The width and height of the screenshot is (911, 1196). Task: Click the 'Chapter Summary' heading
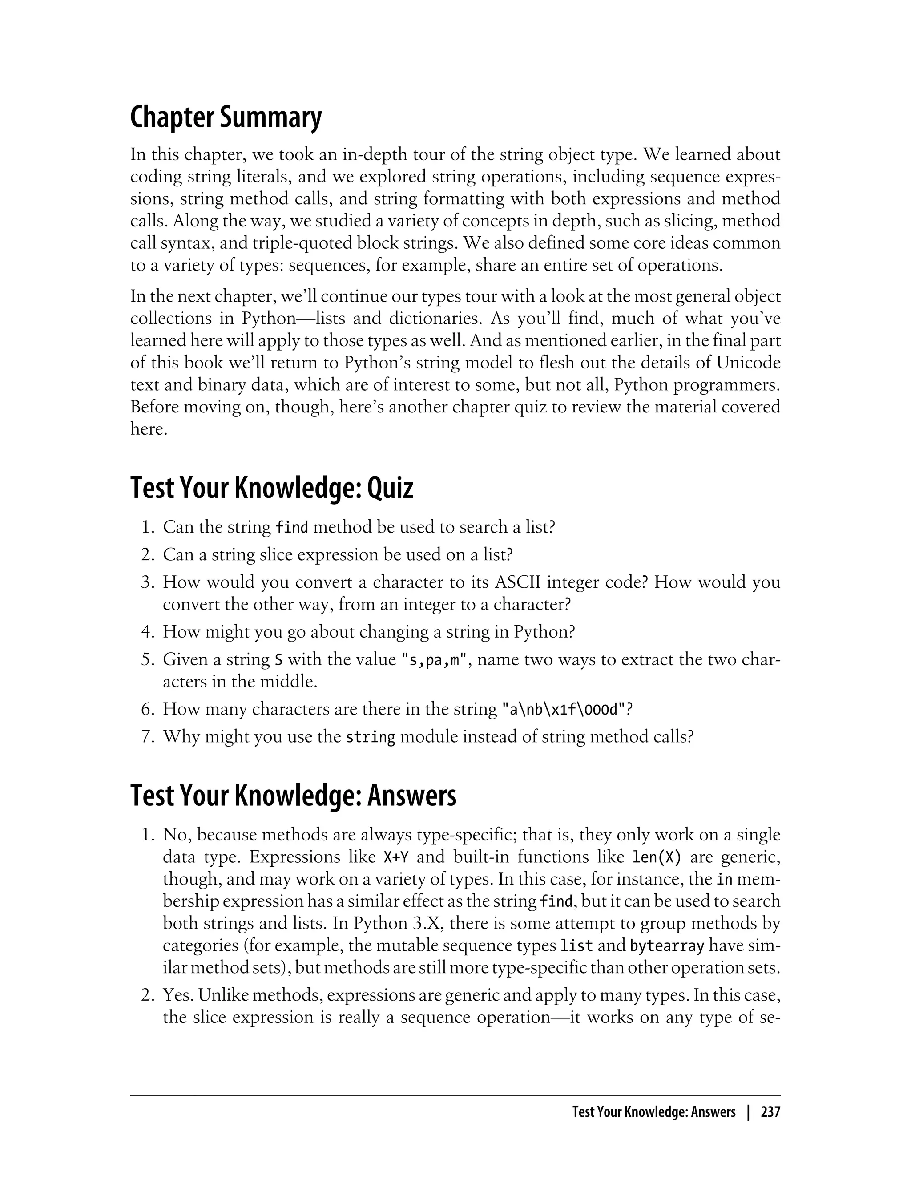(x=226, y=118)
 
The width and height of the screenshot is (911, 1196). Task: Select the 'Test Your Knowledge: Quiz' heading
(x=272, y=488)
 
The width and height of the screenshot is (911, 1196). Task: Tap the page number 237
(x=770, y=1112)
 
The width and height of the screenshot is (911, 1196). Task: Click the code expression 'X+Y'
(x=396, y=857)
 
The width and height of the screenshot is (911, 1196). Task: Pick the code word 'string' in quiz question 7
(x=371, y=737)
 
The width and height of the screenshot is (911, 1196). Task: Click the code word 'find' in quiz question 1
(x=292, y=527)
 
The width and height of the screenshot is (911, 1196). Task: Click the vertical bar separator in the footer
(x=748, y=1112)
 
